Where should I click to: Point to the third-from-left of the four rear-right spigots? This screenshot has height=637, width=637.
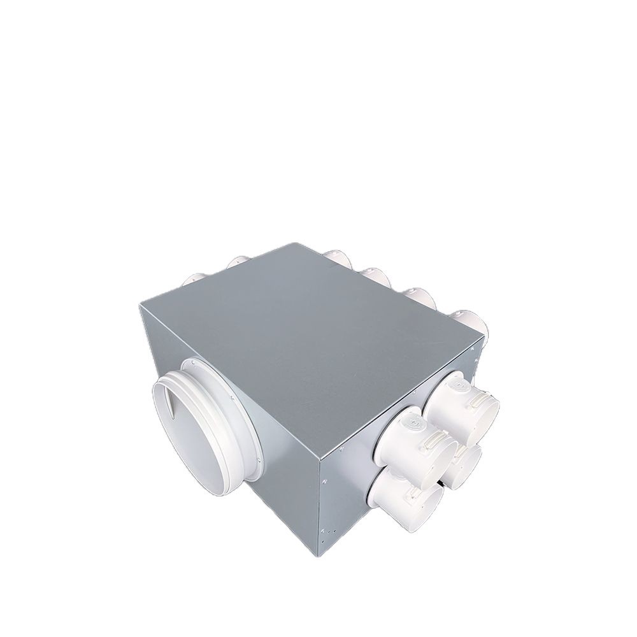pyautogui.click(x=417, y=295)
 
